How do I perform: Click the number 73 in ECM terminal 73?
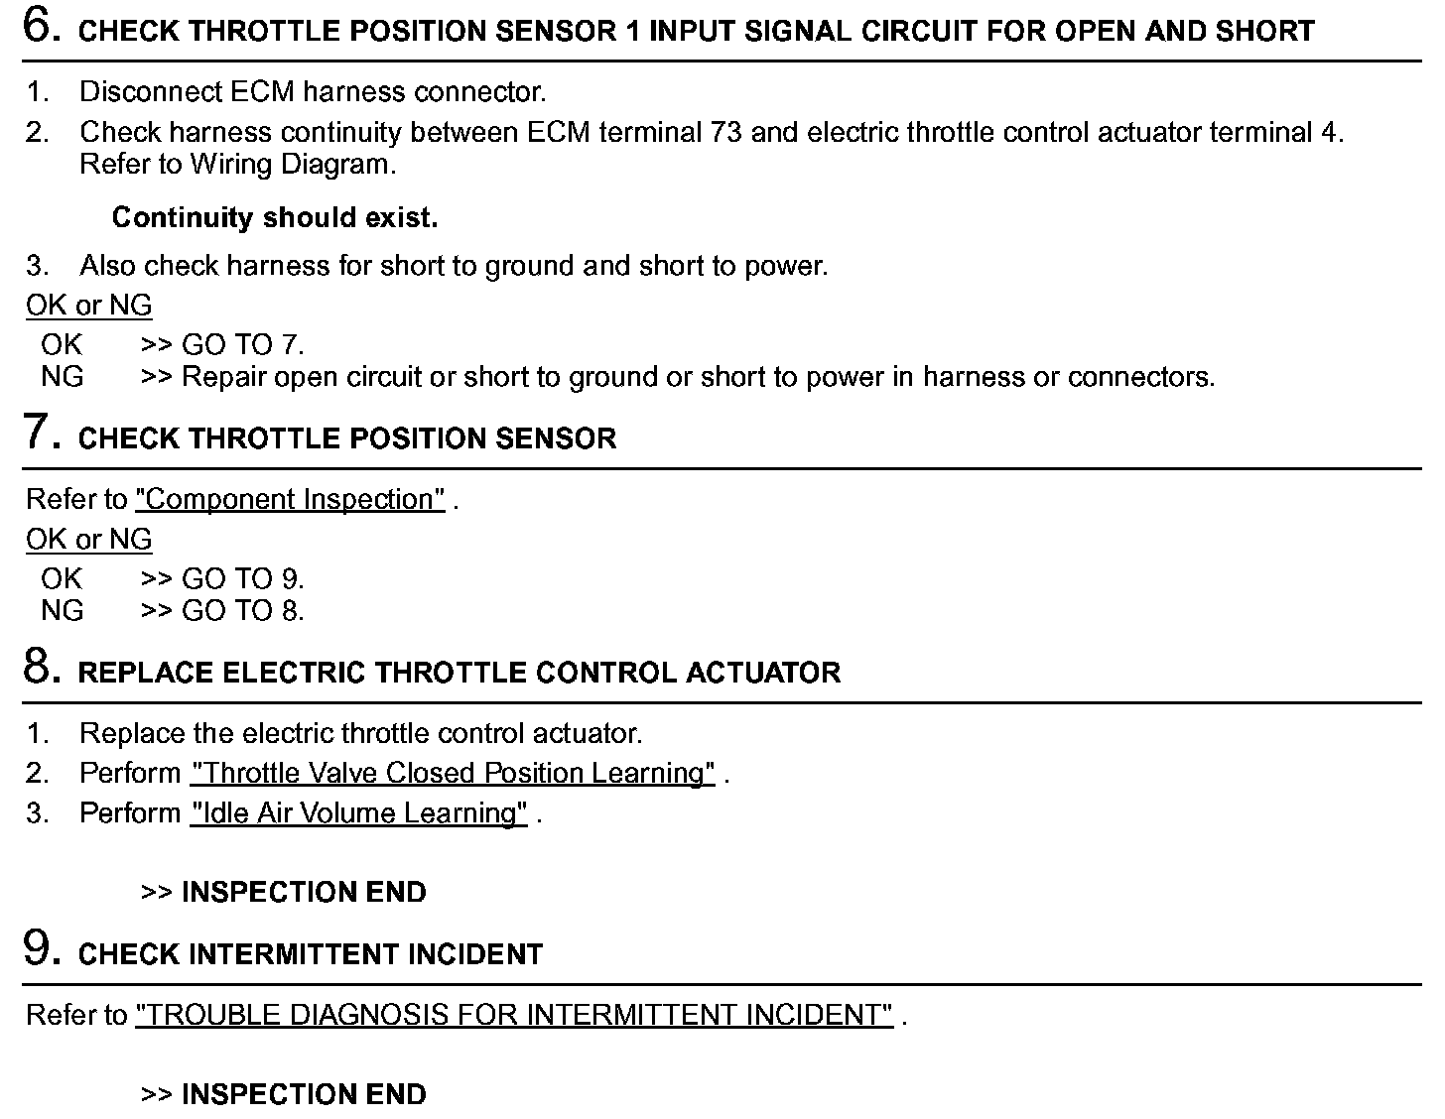pyautogui.click(x=726, y=132)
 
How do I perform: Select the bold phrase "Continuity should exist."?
pyautogui.click(x=275, y=217)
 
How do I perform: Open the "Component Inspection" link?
pyautogui.click(x=290, y=499)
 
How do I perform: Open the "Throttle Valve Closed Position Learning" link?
pyautogui.click(x=453, y=773)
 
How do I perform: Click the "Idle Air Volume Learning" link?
pyautogui.click(x=358, y=813)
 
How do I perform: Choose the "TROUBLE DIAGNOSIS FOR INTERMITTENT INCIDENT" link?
pyautogui.click(x=514, y=1015)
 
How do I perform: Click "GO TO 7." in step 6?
pyautogui.click(x=242, y=345)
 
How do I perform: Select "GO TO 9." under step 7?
pyautogui.click(x=242, y=579)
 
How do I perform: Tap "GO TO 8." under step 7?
pyautogui.click(x=242, y=611)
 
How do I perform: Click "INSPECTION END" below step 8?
pyautogui.click(x=304, y=892)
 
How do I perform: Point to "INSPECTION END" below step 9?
pyautogui.click(x=304, y=1094)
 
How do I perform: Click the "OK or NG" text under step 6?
pyautogui.click(x=89, y=306)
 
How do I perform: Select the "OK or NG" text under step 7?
pyautogui.click(x=89, y=540)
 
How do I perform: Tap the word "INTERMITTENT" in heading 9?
pyautogui.click(x=280, y=954)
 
